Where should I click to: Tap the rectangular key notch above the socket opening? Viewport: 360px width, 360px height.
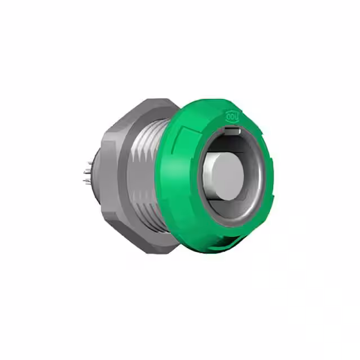coord(232,131)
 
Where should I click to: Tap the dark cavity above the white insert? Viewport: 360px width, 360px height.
coord(225,143)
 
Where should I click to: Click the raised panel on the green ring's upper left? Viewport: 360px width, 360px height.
coord(186,132)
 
